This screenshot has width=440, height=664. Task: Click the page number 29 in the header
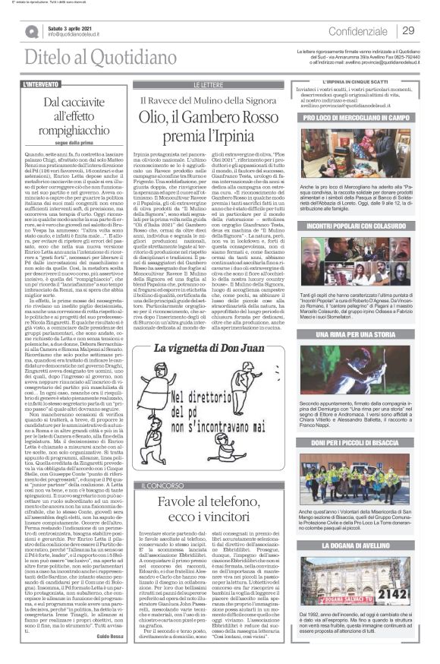[408, 31]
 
